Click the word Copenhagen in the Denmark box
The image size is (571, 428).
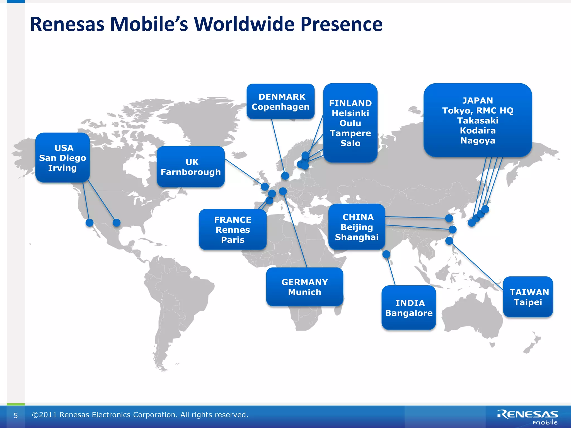(x=280, y=107)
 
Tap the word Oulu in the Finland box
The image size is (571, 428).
(x=350, y=123)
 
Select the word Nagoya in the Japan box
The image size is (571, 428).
(x=478, y=140)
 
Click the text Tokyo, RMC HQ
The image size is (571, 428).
(x=478, y=111)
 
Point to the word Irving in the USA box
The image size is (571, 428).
(x=62, y=168)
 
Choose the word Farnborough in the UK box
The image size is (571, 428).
(x=191, y=172)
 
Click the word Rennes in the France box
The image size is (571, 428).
(x=233, y=230)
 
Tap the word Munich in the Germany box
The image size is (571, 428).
(x=304, y=292)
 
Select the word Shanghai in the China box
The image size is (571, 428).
(x=357, y=237)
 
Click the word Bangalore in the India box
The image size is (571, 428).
(x=409, y=313)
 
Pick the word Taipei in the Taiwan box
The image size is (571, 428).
(x=528, y=302)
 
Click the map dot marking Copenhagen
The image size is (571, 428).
(x=285, y=176)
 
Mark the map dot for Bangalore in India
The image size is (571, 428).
(x=386, y=254)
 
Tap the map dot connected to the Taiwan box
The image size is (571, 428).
(x=449, y=241)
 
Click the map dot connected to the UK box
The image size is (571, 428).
(x=265, y=187)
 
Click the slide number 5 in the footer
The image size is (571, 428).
(x=16, y=415)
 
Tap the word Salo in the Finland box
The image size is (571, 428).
(x=350, y=143)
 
